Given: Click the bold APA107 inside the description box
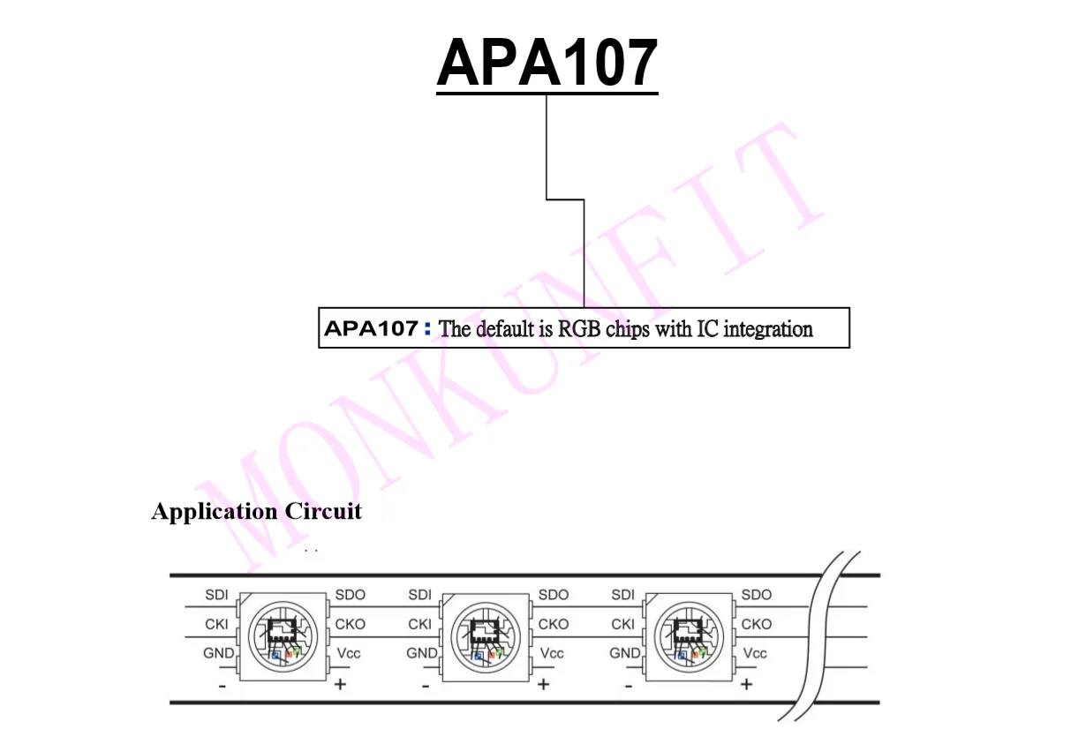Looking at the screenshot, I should pos(371,329).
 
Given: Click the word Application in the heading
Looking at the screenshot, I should pos(215,511).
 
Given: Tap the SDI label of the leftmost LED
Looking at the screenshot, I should pos(216,595).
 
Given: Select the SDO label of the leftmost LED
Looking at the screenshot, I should pos(351,595).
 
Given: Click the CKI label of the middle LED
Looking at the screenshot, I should pos(419,624).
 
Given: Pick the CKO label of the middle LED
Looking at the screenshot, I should pos(554,624).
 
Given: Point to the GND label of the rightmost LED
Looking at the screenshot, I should pos(625,653).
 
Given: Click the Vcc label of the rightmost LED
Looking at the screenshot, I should pos(755,653).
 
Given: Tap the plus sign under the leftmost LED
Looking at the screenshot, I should pos(340,684).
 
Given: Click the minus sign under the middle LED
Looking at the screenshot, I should pos(426,684).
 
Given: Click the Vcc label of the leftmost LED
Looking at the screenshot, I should pos(349,653).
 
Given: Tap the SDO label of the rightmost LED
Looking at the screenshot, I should pos(757,595).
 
